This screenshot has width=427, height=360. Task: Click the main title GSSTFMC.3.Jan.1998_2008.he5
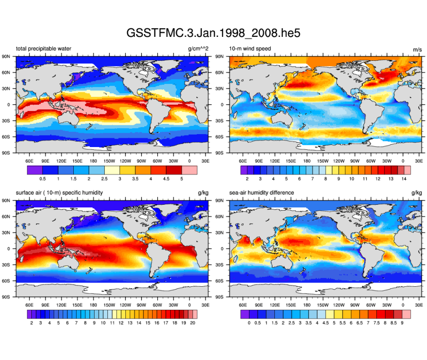(x=213, y=33)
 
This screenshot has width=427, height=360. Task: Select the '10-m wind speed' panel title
(x=250, y=48)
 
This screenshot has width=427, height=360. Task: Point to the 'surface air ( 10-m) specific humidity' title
(x=59, y=193)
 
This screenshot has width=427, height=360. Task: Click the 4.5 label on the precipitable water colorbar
(x=167, y=178)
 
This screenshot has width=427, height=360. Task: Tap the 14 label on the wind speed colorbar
(x=403, y=178)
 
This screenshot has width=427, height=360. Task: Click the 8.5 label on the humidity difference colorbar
(x=395, y=323)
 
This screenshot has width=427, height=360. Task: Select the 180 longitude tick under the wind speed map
(x=307, y=161)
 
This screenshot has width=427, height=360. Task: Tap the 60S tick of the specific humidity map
(x=11, y=281)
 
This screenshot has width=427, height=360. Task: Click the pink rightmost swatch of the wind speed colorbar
(x=407, y=170)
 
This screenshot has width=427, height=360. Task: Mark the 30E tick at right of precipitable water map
(x=205, y=161)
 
